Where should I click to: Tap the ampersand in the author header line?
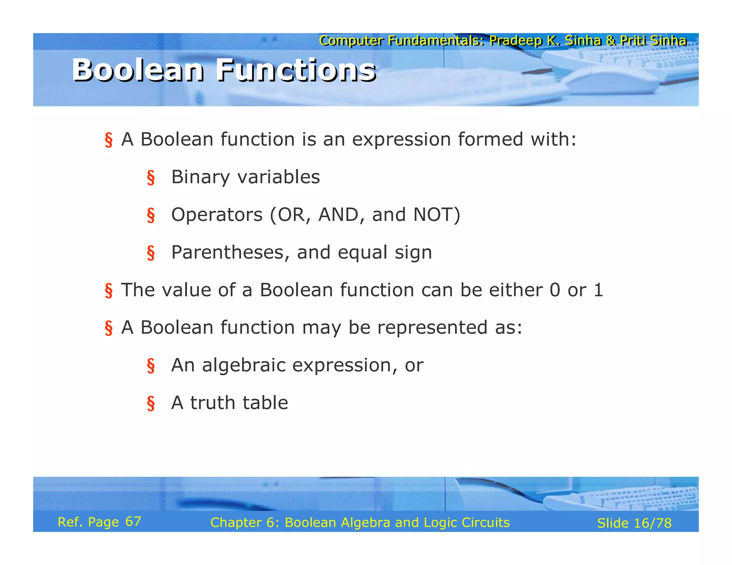click(x=610, y=41)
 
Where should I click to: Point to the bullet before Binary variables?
click(x=151, y=177)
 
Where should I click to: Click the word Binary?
click(x=200, y=177)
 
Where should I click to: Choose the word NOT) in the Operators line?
click(x=437, y=215)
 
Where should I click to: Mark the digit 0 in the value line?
click(x=555, y=290)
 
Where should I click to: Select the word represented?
click(x=432, y=327)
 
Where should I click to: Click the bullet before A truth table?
click(x=151, y=404)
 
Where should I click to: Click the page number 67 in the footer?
click(x=133, y=522)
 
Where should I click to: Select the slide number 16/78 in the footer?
click(x=653, y=523)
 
